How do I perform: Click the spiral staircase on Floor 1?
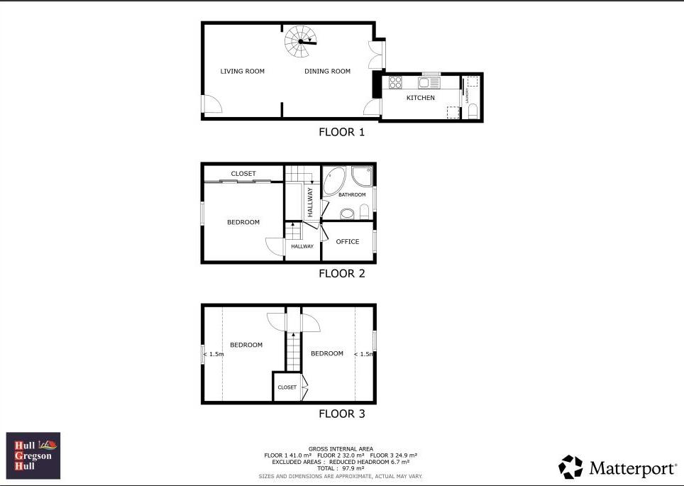301,43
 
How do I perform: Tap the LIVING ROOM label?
242,71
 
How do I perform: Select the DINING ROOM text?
327,71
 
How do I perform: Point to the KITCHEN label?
420,98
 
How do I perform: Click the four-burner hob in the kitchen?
395,82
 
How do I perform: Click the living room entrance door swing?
211,104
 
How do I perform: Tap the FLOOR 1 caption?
341,132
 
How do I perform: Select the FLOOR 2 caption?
341,273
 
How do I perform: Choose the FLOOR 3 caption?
341,414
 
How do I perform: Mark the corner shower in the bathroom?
363,175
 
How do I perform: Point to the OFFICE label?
348,242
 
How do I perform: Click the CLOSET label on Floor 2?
243,174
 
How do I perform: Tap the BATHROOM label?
351,195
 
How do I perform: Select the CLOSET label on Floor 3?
287,387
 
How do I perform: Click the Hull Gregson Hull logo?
33,455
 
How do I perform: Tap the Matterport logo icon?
570,467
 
